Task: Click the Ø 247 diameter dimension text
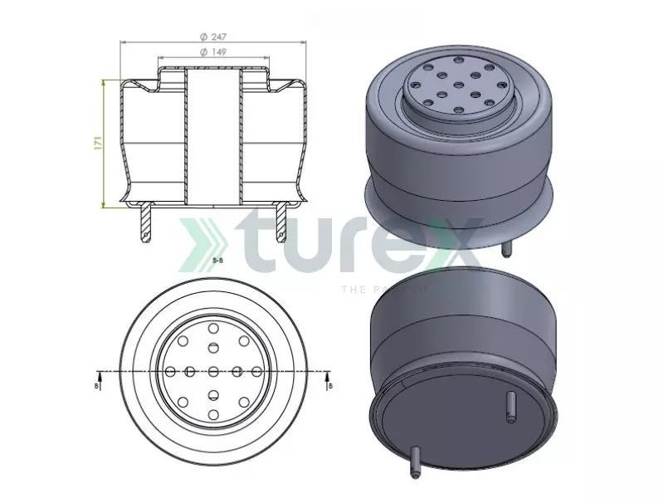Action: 214,37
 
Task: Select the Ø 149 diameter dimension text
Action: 214,51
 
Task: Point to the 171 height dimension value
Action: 97,142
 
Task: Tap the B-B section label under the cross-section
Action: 217,261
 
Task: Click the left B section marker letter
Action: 98,385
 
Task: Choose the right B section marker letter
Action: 330,385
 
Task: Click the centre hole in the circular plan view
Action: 213,370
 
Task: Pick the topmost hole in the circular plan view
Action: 213,330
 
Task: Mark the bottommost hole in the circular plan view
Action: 213,413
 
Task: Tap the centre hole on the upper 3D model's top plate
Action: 459,88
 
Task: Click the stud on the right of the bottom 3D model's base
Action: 510,405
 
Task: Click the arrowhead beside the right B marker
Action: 330,373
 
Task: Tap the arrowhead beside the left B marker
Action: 98,373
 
